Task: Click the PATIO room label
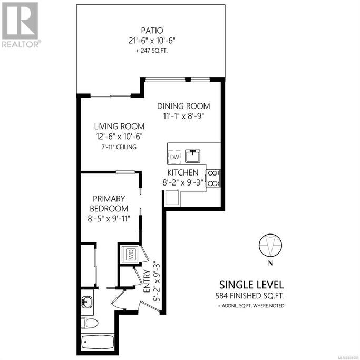pos(152,30)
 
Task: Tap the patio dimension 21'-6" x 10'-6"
pos(152,41)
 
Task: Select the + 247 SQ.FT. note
pos(152,51)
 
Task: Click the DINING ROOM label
pos(183,106)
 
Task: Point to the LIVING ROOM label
pos(119,127)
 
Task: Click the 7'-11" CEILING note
pos(119,147)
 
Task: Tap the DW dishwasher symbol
pos(174,157)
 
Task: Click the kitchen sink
pos(193,155)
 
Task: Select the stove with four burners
pos(213,178)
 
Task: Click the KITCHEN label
pos(183,172)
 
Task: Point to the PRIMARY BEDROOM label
pos(109,203)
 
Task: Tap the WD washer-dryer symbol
pos(130,254)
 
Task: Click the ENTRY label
pos(147,281)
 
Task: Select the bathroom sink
pos(87,301)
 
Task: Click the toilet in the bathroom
pos(89,323)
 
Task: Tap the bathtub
pos(98,342)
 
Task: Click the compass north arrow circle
pos(270,245)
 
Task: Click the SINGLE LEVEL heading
pos(251,285)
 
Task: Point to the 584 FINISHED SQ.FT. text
pos(250,296)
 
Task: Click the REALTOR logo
pos(21,25)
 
